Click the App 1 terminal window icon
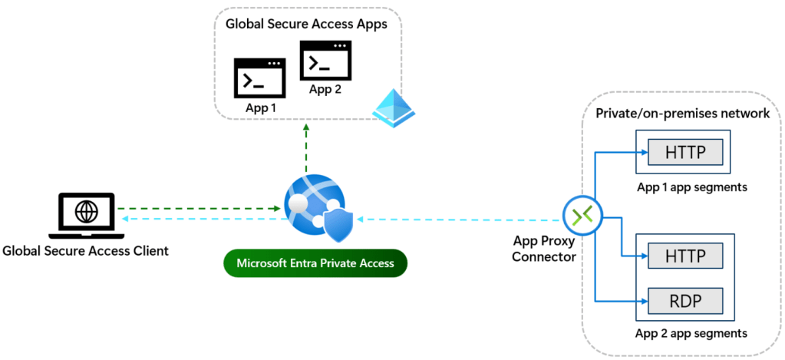coord(259,78)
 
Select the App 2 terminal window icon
coord(325,61)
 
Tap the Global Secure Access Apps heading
coord(305,24)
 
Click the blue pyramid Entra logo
coord(393,107)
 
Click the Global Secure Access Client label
coord(85,250)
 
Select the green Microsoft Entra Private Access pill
coord(315,263)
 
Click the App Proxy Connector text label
coord(544,249)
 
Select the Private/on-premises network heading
coord(682,114)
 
